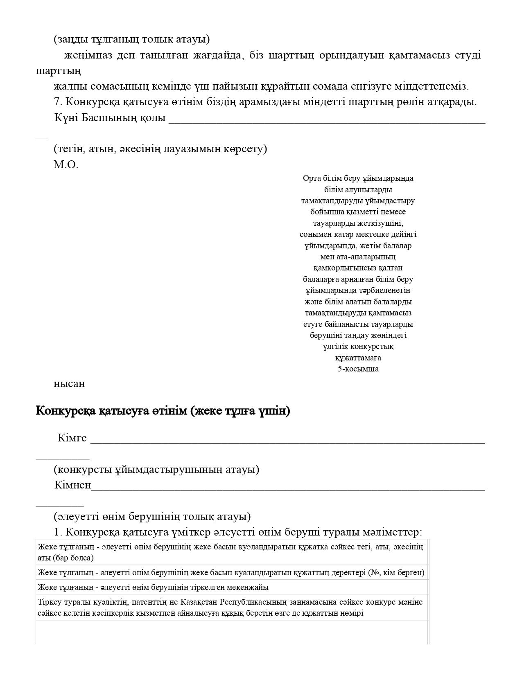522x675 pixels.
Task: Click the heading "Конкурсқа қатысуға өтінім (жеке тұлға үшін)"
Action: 163,411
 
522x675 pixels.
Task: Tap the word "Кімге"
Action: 72,438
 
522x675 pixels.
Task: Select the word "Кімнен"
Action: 72,485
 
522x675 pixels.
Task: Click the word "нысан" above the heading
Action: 69,384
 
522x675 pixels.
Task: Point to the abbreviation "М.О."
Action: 66,165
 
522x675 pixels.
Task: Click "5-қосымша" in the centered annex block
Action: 358,369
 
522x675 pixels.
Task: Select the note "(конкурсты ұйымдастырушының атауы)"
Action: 156,469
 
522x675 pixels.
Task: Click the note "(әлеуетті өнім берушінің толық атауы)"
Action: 152,516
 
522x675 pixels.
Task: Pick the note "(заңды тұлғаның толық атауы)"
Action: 131,39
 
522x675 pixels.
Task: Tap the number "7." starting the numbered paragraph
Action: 58,102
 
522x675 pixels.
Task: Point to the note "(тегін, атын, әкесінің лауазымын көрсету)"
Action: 160,149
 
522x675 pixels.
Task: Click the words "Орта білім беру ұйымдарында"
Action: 358,178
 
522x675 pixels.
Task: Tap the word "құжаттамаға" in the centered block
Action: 358,358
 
